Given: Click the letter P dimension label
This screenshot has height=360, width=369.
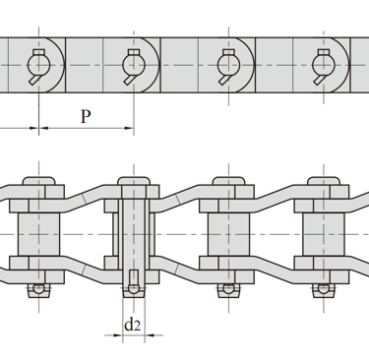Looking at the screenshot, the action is click(x=86, y=116).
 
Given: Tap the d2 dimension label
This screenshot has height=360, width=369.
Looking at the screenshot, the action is click(x=133, y=325).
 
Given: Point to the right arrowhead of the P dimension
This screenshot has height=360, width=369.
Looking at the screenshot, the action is click(x=129, y=128).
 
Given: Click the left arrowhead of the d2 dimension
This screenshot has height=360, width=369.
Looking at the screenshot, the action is click(x=118, y=335).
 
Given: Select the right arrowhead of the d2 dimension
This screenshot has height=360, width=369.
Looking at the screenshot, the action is click(x=150, y=335).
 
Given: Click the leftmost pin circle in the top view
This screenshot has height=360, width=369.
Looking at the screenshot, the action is click(x=38, y=66).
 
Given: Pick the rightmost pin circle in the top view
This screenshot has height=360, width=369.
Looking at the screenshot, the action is click(x=324, y=66).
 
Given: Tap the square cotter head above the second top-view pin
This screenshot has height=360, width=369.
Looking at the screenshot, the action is click(x=134, y=52).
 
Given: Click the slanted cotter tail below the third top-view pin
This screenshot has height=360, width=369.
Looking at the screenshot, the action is click(x=224, y=80).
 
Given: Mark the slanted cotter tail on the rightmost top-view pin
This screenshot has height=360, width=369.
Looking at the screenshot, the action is click(x=320, y=80).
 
